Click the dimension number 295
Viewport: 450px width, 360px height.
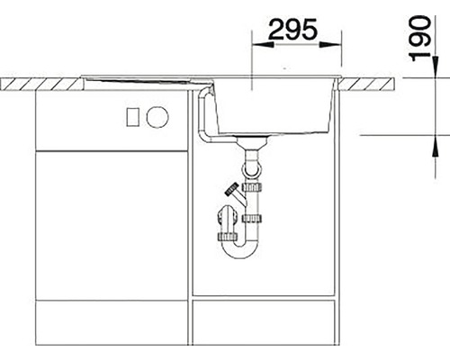point(292,29)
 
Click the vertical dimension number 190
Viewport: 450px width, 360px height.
point(420,38)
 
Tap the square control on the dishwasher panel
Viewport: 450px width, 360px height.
point(133,117)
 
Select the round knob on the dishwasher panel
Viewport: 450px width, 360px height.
point(157,117)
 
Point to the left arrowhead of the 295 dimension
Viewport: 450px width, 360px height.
point(263,45)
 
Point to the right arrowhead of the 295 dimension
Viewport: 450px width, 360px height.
point(330,45)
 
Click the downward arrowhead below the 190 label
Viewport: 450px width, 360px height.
point(435,67)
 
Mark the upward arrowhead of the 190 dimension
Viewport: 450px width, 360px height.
point(435,146)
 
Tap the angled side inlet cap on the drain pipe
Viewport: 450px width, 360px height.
point(232,190)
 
